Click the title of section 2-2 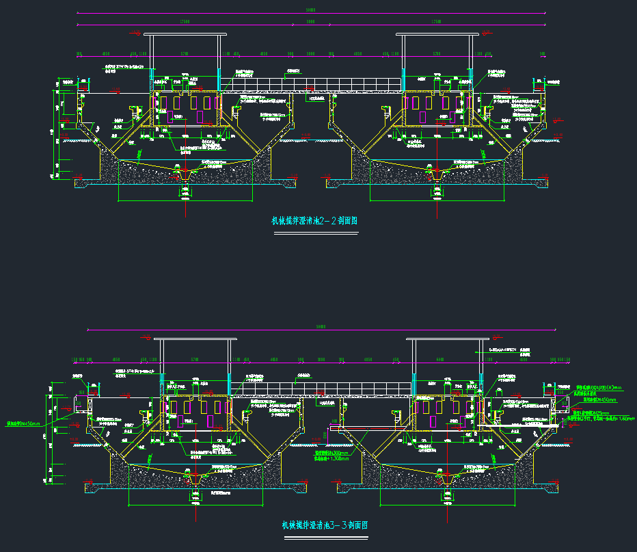[x=315, y=221]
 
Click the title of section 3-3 [x=325, y=525]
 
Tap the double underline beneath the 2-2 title [x=315, y=233]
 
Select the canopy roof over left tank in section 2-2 [x=186, y=34]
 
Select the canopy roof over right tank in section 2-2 [x=435, y=34]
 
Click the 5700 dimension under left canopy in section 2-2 [x=185, y=53]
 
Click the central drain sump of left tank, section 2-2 [x=185, y=177]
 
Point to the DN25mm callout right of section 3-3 [x=592, y=413]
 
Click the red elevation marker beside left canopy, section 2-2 [x=137, y=33]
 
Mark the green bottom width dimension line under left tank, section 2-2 [x=185, y=201]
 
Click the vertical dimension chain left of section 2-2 [x=56, y=133]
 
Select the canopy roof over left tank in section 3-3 [x=195, y=339]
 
